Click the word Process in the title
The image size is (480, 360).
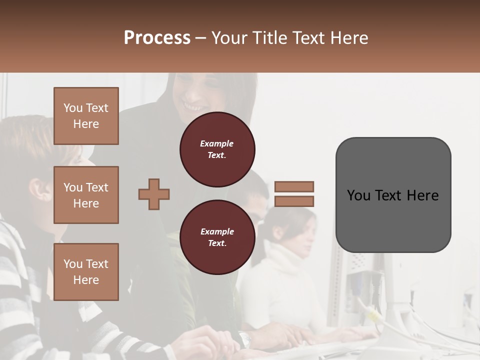(157, 38)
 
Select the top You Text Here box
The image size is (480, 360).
(86, 116)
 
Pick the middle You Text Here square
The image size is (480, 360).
(86, 195)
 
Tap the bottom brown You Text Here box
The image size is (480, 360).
(86, 272)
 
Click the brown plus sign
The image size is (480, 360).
(154, 194)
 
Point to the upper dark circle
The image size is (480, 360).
(217, 149)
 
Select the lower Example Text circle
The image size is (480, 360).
(217, 237)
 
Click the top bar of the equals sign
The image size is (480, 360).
(294, 186)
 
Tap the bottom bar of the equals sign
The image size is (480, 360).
(294, 201)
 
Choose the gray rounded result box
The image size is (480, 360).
(393, 195)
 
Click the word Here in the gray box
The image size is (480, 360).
(423, 195)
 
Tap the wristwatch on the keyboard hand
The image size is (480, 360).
(244, 339)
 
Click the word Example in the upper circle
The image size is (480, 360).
(217, 143)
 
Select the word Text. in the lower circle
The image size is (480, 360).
(217, 243)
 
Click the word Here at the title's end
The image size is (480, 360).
(349, 38)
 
